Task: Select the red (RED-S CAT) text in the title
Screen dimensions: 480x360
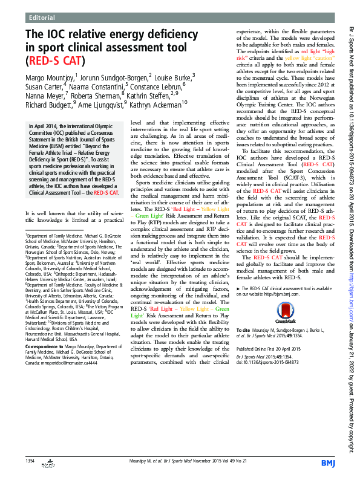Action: (x=54, y=61)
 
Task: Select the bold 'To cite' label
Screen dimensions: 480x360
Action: (x=243, y=332)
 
